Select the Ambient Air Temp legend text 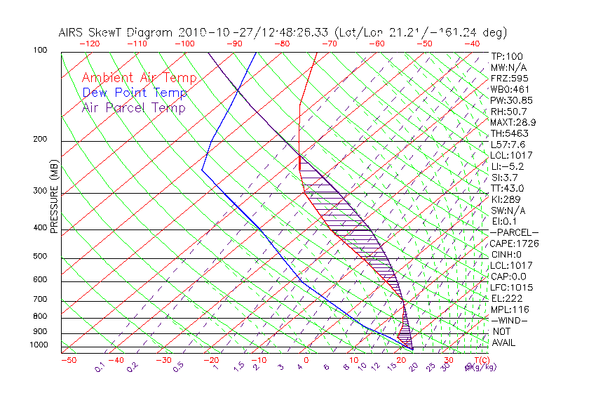(x=139, y=78)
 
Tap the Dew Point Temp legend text (x=134, y=93)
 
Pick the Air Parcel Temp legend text (x=133, y=107)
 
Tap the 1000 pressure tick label (x=39, y=345)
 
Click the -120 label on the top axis (x=90, y=44)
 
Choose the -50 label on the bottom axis (x=68, y=360)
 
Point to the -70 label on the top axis (x=328, y=44)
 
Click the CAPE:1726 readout (x=513, y=243)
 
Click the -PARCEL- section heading (x=514, y=232)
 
